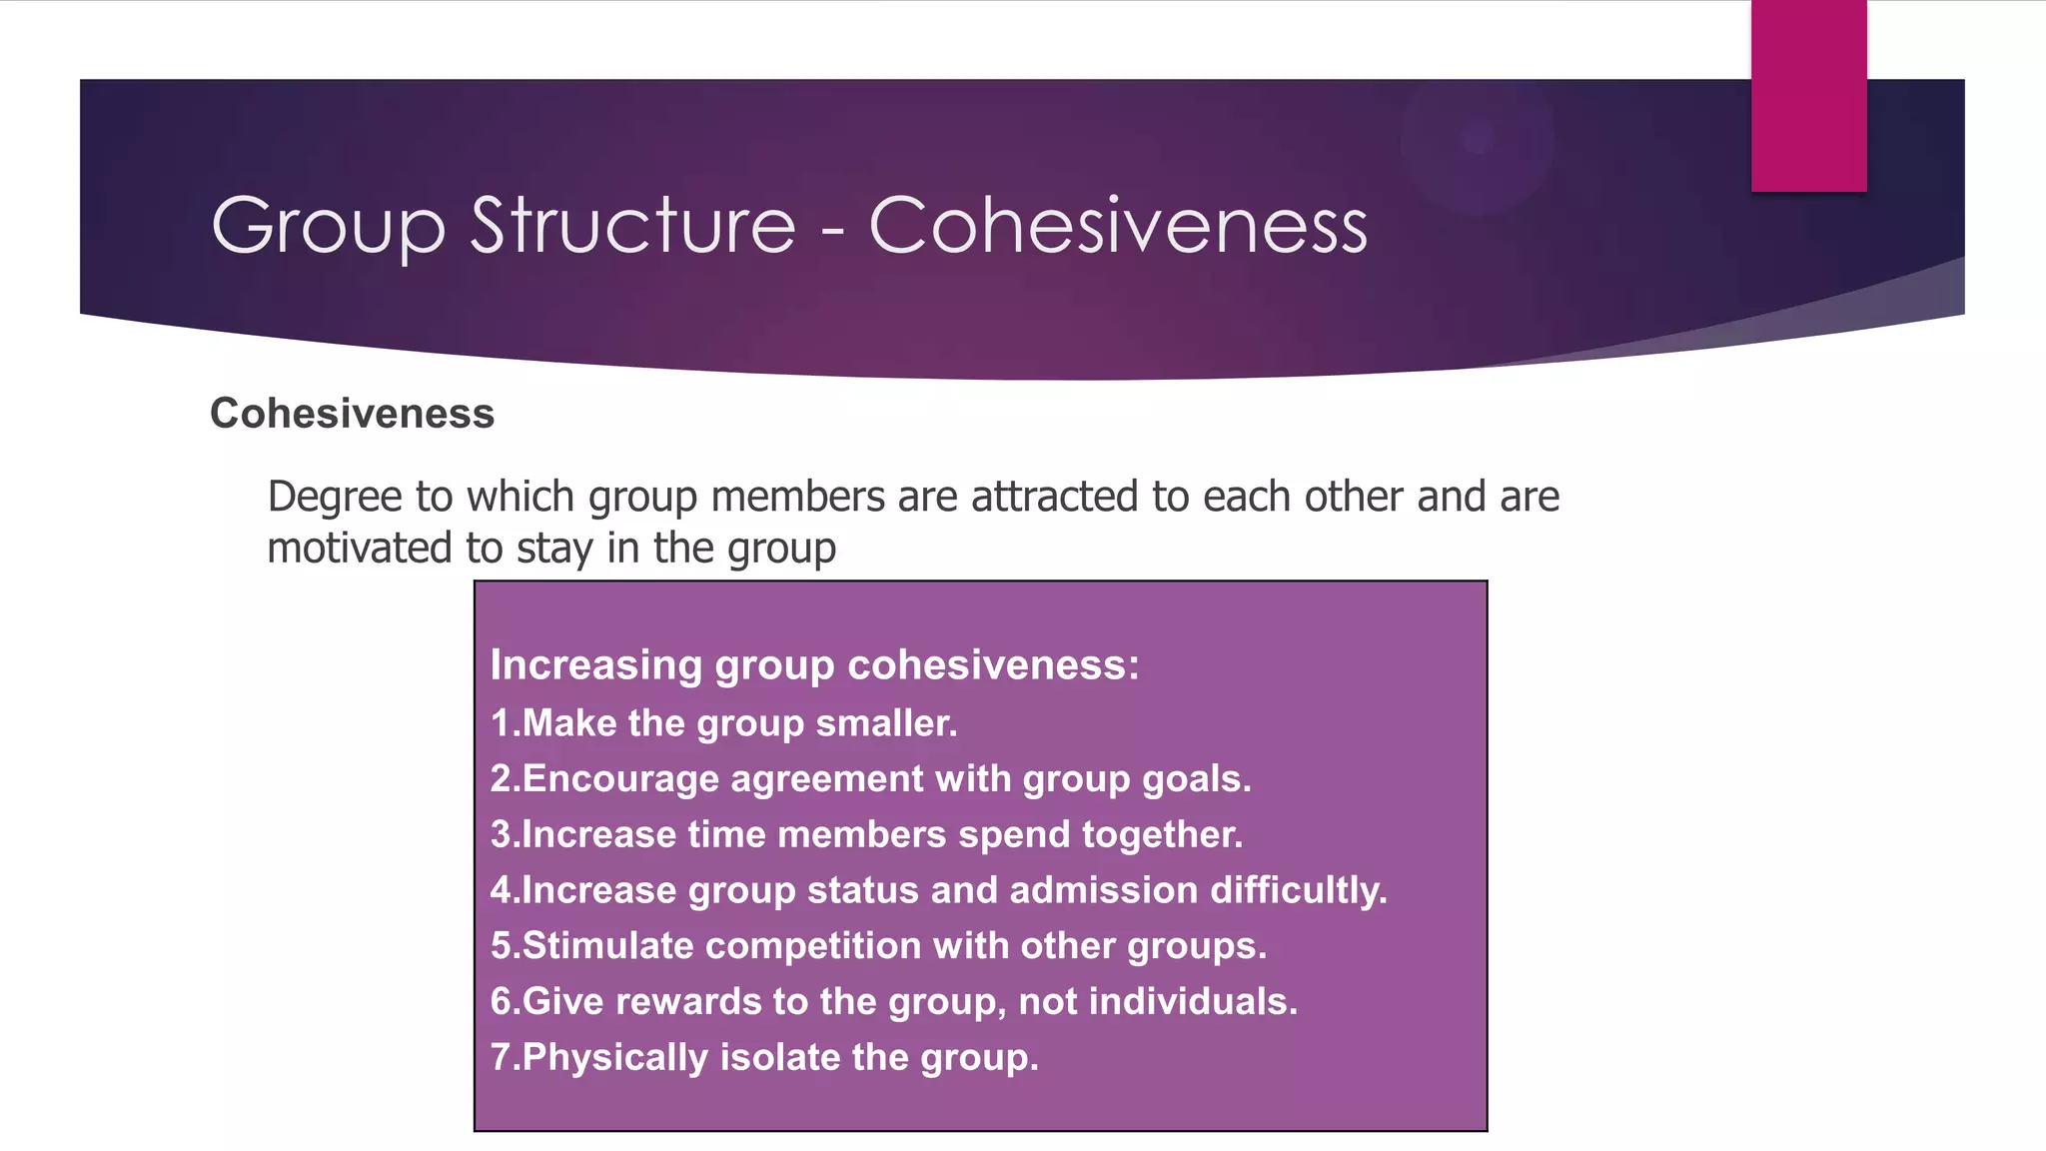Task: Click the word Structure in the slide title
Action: coord(632,226)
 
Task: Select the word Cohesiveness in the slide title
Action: coord(1118,226)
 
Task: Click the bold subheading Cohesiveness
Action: coord(352,414)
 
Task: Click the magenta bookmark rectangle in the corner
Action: coord(1808,95)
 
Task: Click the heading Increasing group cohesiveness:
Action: coord(814,665)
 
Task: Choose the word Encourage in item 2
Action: coord(619,779)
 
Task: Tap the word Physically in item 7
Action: coord(614,1058)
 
